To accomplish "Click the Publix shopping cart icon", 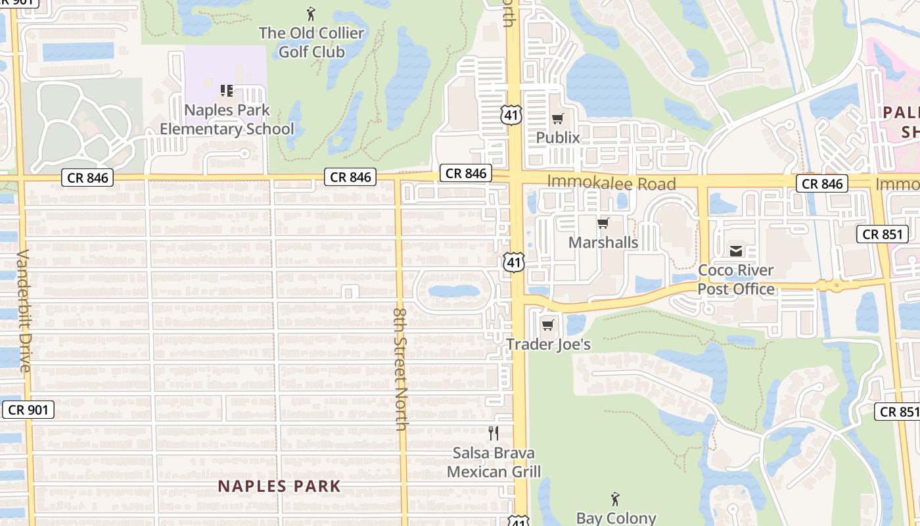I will tap(558, 119).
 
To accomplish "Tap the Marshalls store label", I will tap(603, 243).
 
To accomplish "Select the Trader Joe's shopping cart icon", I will tap(548, 325).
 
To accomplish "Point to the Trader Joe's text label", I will tap(548, 345).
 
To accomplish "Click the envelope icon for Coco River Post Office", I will tap(736, 251).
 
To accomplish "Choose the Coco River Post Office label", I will tap(736, 279).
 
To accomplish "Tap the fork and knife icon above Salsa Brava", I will tap(494, 433).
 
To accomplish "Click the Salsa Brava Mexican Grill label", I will tap(494, 462).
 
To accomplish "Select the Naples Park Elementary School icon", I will tap(227, 90).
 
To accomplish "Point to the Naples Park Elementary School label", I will tap(227, 119).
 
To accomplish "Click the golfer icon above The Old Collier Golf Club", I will tap(311, 13).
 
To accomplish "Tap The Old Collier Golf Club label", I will tap(311, 42).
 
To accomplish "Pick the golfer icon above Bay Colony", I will tap(615, 499).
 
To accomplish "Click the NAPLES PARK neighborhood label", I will tap(279, 487).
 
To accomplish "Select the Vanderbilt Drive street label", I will tap(24, 310).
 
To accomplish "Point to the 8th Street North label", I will tap(401, 368).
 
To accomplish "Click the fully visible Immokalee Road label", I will tap(611, 183).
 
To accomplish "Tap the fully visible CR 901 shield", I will tap(28, 410).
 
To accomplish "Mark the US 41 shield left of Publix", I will tap(510, 116).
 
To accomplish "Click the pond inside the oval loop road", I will tap(453, 291).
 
